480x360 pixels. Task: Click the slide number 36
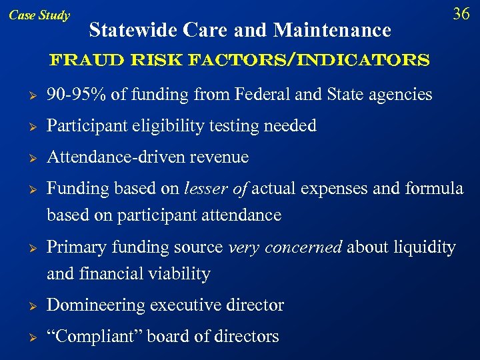(461, 14)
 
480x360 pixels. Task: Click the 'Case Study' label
(39, 15)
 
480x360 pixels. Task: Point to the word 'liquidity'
(423, 247)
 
